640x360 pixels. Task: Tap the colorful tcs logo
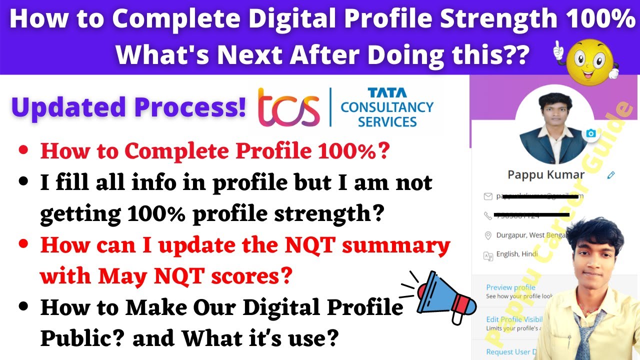click(288, 107)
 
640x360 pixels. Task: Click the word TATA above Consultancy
click(387, 93)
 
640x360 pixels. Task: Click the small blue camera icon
click(591, 133)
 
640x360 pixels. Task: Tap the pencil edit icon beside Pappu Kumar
click(610, 175)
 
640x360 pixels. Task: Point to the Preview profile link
click(510, 287)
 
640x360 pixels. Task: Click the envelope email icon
click(488, 196)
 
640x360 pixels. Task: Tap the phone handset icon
click(488, 215)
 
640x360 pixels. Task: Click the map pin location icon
click(488, 235)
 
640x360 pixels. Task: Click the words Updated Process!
click(129, 107)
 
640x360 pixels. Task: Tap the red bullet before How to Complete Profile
click(23, 150)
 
